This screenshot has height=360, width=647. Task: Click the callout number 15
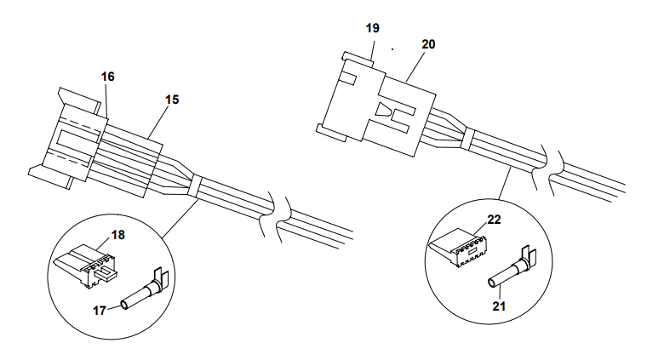(172, 100)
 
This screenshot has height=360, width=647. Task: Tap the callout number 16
(107, 77)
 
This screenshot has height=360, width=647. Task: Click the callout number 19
(372, 27)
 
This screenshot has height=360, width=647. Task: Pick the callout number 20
(428, 44)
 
